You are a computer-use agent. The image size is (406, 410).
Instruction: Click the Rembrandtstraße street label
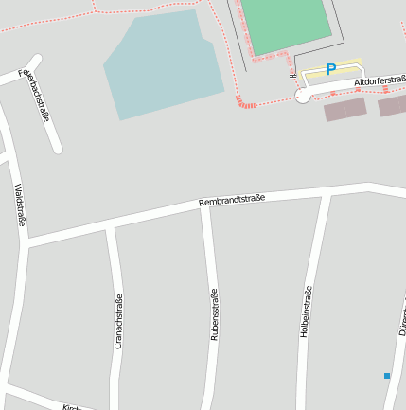(x=232, y=200)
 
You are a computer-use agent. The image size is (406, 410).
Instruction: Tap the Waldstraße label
(x=20, y=205)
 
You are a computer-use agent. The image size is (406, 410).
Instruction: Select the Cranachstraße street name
(x=118, y=321)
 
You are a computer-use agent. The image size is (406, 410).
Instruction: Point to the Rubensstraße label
(x=214, y=313)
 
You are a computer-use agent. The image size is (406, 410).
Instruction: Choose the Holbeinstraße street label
(x=308, y=312)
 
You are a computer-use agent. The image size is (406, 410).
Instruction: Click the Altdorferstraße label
(x=380, y=82)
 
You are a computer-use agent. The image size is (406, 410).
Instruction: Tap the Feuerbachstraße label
(x=36, y=96)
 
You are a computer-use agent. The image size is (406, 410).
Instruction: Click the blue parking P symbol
(x=330, y=69)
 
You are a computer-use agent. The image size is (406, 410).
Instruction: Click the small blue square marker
(x=387, y=376)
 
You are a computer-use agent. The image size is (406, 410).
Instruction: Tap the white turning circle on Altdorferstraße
(x=302, y=96)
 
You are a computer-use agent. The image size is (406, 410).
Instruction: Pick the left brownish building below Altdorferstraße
(x=344, y=110)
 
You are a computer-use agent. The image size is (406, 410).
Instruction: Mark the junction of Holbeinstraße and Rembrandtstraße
(x=326, y=193)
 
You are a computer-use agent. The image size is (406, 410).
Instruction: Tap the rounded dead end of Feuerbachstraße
(x=58, y=148)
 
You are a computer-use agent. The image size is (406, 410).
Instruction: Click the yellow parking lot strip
(x=332, y=74)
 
